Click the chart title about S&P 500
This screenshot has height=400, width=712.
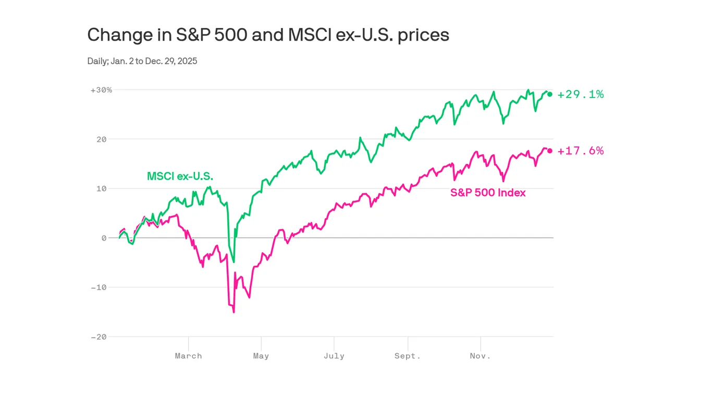pyautogui.click(x=268, y=35)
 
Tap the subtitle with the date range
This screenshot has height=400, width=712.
pyautogui.click(x=142, y=61)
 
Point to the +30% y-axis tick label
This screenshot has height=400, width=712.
pyautogui.click(x=101, y=90)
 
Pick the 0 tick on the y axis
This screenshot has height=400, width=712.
pyautogui.click(x=104, y=238)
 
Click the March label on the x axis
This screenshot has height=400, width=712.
pyautogui.click(x=188, y=356)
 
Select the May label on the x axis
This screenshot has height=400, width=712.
pyautogui.click(x=261, y=356)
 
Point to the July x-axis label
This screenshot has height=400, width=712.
pyautogui.click(x=334, y=356)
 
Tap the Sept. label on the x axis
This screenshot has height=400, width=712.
pyautogui.click(x=407, y=356)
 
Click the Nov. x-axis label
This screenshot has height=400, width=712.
pyautogui.click(x=480, y=356)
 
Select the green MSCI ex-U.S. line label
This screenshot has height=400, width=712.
pyautogui.click(x=180, y=177)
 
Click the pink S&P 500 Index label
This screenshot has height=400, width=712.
pyautogui.click(x=488, y=193)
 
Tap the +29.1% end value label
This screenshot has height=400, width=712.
pyautogui.click(x=580, y=94)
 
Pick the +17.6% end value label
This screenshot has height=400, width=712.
pyautogui.click(x=580, y=151)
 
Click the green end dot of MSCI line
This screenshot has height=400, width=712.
pyautogui.click(x=550, y=94)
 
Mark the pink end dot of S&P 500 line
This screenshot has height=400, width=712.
pyautogui.click(x=550, y=151)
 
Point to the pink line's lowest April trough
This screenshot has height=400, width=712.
pyautogui.click(x=234, y=312)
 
